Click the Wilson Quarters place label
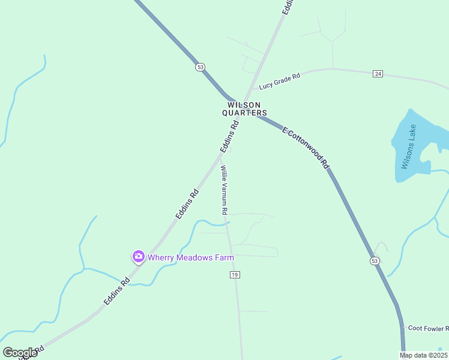pyautogui.click(x=244, y=108)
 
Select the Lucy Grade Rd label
pyautogui.click(x=279, y=82)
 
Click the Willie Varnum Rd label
pyautogui.click(x=223, y=190)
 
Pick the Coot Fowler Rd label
pyautogui.click(x=428, y=328)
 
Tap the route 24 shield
pyautogui.click(x=378, y=73)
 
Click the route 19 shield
pyautogui.click(x=235, y=274)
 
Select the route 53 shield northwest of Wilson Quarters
pyautogui.click(x=200, y=67)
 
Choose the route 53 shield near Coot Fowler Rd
pyautogui.click(x=375, y=261)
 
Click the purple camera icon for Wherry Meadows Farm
pyautogui.click(x=139, y=257)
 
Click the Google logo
pyautogui.click(x=20, y=353)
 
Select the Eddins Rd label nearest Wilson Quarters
pyautogui.click(x=229, y=137)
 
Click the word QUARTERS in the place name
pyautogui.click(x=244, y=112)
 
